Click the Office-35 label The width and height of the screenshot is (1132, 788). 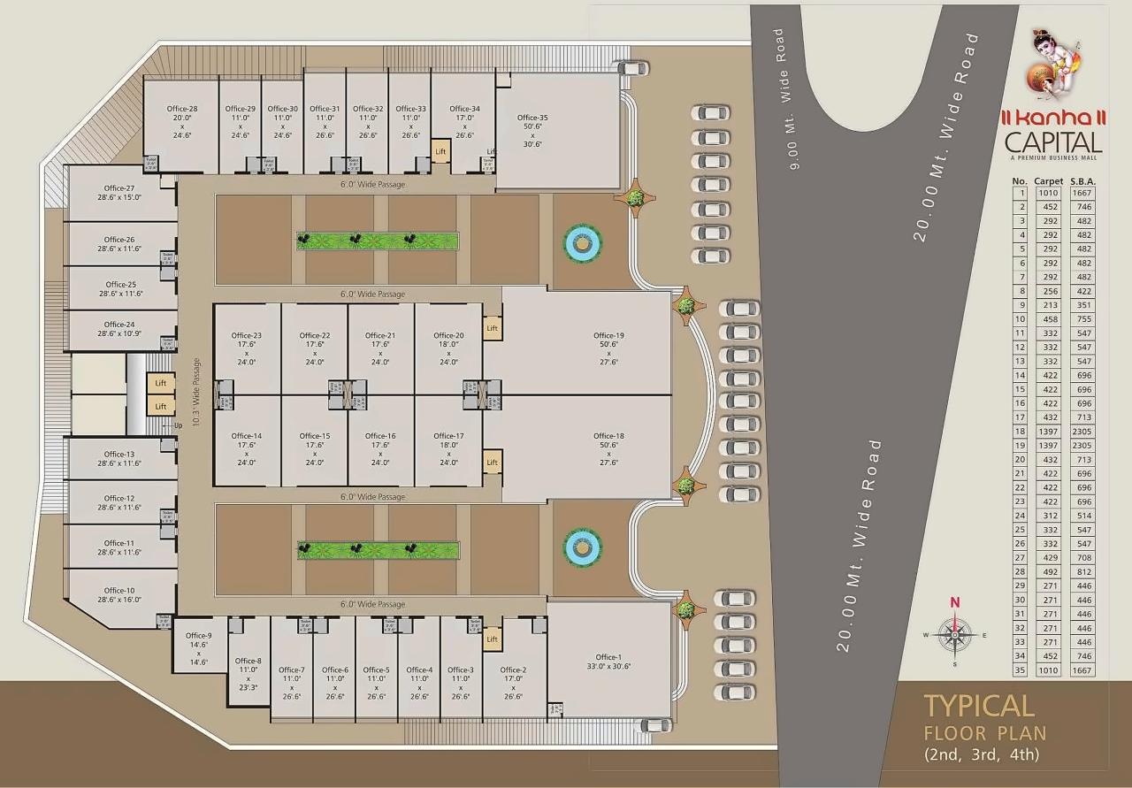coord(532,118)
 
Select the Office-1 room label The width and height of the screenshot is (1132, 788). coord(608,657)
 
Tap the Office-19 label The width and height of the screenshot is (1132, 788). coord(608,335)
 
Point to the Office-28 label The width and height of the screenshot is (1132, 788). coord(182,109)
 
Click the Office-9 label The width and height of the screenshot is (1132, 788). coord(198,636)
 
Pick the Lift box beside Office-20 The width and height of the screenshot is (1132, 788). coord(493,328)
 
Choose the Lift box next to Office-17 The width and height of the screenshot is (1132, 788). coord(493,463)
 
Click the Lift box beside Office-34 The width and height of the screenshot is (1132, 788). coord(440,151)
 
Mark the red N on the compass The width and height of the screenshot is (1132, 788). coord(954,602)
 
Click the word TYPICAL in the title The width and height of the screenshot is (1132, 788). coord(979,706)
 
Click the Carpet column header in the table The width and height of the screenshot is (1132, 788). coord(1048,181)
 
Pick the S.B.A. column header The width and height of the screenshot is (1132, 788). coord(1082,181)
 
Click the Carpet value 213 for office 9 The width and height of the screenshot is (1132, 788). coord(1048,305)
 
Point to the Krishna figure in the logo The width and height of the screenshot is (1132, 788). coord(1049,67)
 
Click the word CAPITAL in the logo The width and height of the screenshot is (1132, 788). coord(1053,142)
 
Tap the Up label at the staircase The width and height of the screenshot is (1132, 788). coord(178,425)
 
